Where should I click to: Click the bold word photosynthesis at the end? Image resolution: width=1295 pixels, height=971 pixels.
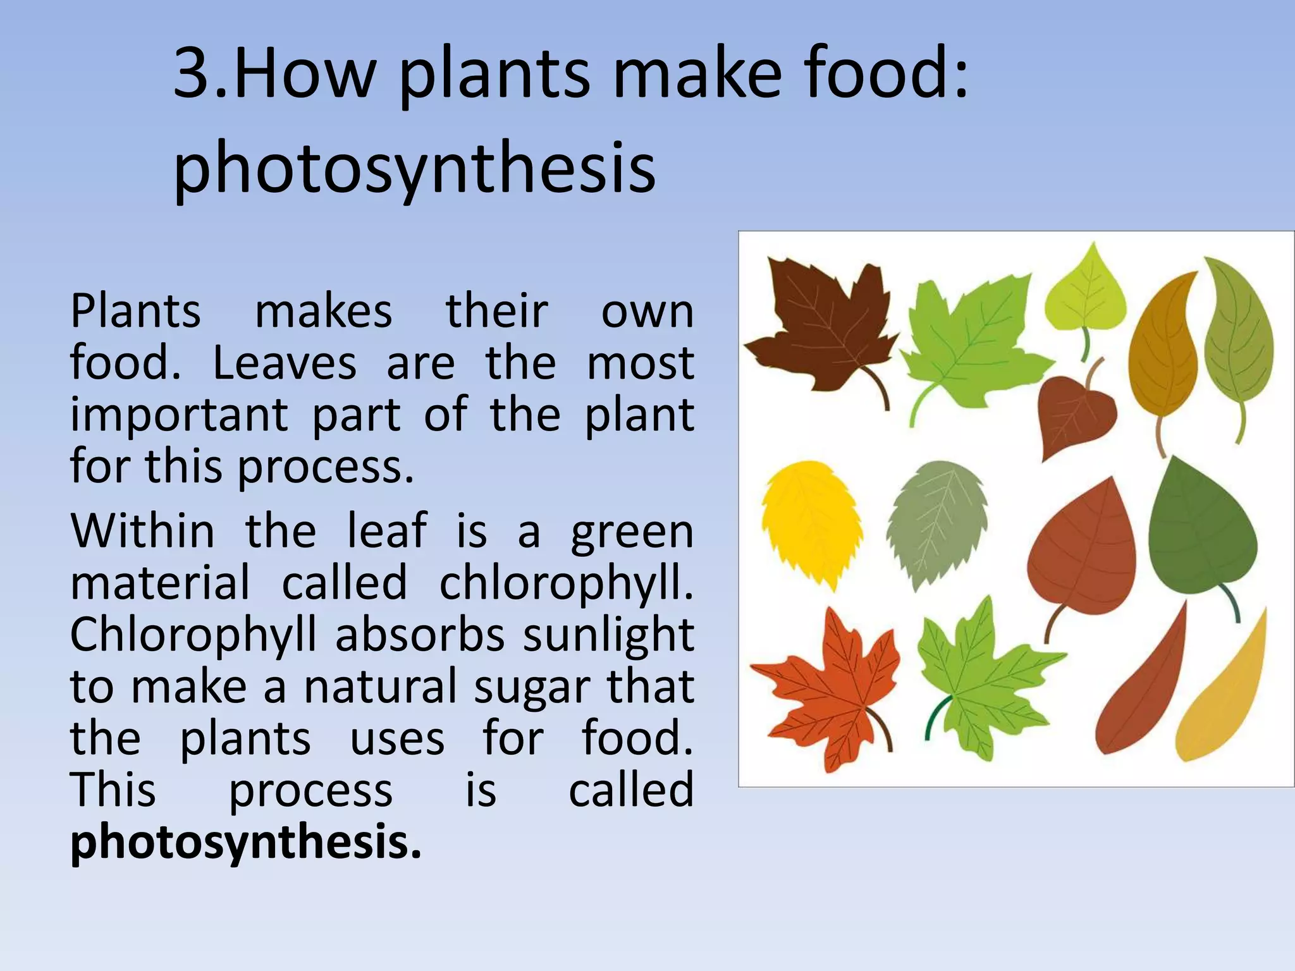coord(245,843)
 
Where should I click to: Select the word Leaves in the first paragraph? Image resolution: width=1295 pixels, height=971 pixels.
coord(285,364)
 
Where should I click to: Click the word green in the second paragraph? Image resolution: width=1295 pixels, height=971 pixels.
coord(632,532)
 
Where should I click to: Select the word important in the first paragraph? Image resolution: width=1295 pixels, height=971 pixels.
coord(179,416)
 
